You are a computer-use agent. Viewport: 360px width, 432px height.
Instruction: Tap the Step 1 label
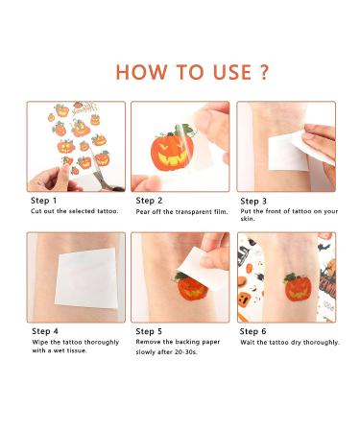coord(44,201)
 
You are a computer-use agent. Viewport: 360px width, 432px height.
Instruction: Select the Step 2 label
coord(150,201)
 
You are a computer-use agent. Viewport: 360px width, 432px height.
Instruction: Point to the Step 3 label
coord(254,201)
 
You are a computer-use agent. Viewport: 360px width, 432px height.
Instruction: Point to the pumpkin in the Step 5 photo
coord(191,286)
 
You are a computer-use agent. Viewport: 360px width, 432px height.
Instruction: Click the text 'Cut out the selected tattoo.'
coord(75,211)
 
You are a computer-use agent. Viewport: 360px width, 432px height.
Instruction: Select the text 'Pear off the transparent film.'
coord(182,211)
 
